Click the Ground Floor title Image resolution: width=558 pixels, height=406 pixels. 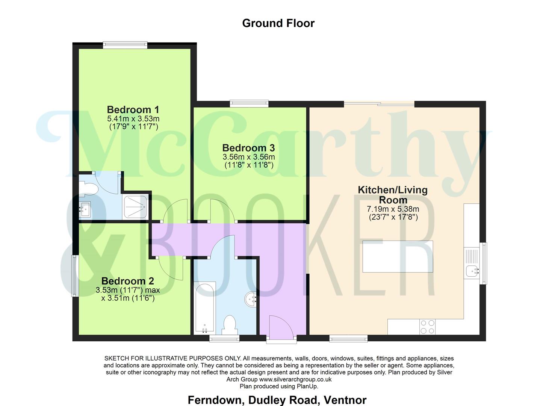pos(278,23)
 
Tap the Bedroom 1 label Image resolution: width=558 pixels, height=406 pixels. pos(133,109)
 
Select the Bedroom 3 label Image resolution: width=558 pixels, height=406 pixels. pos(248,148)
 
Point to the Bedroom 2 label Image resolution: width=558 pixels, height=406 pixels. pos(127,281)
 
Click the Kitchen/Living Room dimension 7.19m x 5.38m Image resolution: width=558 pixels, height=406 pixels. pos(393,209)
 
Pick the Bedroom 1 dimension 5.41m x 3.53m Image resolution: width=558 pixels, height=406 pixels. pos(133,119)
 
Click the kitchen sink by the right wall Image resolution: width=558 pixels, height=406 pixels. pos(471,270)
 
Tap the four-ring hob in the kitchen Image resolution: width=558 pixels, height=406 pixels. pos(427,327)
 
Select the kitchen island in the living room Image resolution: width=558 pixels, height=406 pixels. pos(398,256)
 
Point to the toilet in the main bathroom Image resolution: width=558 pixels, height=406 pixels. pos(229,325)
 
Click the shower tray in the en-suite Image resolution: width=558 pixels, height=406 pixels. pos(135,207)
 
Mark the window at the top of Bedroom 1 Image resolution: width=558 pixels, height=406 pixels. pos(125,45)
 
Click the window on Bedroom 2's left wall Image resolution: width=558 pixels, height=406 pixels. pos(75,276)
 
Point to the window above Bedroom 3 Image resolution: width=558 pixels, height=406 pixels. pos(249,103)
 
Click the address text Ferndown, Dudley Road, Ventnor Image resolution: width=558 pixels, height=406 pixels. pos(277,400)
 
